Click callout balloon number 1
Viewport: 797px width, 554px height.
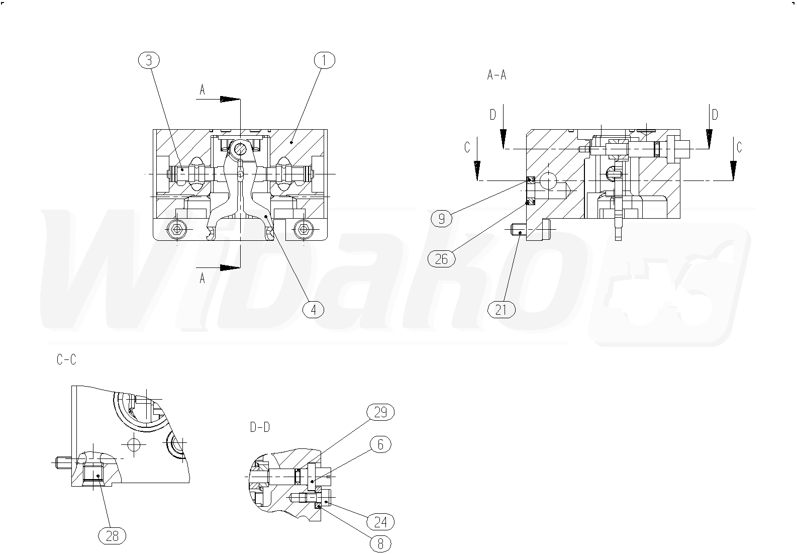(x=324, y=60)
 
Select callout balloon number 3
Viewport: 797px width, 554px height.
(x=148, y=60)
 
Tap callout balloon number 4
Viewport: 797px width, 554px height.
(x=314, y=310)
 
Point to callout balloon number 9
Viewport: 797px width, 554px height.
(x=442, y=218)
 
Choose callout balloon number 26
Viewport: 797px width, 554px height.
(x=441, y=259)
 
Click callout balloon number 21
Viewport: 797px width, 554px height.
(x=502, y=309)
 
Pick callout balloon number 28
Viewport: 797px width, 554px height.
(x=112, y=536)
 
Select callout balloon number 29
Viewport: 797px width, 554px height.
(x=380, y=412)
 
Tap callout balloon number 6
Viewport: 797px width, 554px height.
(x=380, y=444)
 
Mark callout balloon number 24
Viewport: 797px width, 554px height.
(x=380, y=522)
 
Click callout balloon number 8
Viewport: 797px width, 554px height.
(x=380, y=543)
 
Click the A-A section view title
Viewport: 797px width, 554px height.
(x=496, y=75)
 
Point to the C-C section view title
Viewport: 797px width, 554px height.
(x=66, y=360)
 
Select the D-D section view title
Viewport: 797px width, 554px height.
(x=260, y=427)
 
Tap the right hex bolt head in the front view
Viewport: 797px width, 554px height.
(x=303, y=229)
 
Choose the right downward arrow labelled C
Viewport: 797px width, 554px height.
(x=733, y=168)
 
